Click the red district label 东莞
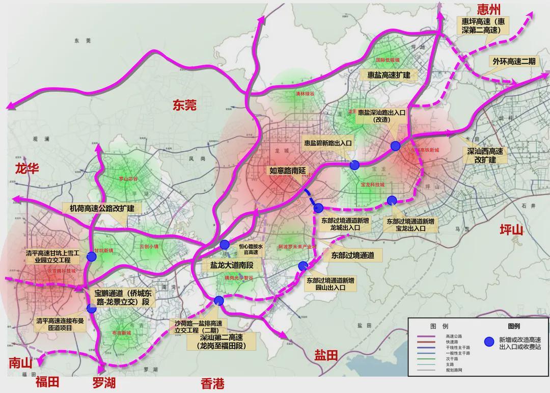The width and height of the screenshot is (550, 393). click(184, 106)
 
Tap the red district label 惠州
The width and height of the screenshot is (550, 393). click(489, 9)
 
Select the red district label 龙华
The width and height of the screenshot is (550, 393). click(27, 169)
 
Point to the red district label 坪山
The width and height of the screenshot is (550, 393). click(511, 229)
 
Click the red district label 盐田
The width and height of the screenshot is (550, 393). click(326, 355)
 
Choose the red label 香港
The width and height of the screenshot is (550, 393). click(212, 383)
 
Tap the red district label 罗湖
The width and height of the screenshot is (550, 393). click(104, 382)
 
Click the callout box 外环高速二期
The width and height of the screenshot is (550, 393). click(513, 61)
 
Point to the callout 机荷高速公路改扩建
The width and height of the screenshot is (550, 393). click(102, 208)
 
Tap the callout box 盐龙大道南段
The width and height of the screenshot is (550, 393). click(228, 266)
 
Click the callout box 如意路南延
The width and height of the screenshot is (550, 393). click(287, 171)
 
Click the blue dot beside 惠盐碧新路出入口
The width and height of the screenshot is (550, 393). click(354, 165)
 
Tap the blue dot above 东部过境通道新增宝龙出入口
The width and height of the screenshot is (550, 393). click(392, 200)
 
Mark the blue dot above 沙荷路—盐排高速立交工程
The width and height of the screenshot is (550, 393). click(219, 300)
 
